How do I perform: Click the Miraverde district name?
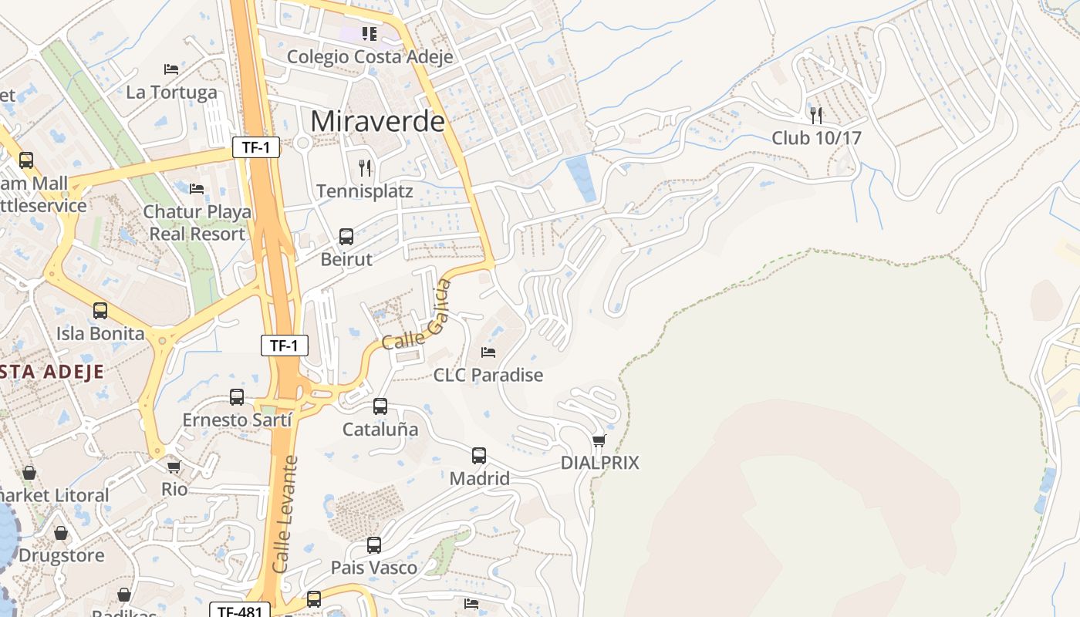pos(378,121)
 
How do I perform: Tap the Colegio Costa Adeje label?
pos(370,56)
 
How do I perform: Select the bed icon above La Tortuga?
pos(171,69)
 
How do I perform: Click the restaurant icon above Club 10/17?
pos(816,115)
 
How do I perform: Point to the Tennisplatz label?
pos(364,191)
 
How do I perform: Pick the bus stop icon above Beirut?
pos(346,237)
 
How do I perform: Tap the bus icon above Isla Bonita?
pos(100,311)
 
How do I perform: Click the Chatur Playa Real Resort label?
pos(197,222)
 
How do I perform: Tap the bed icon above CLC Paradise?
pos(488,352)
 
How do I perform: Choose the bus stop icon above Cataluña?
pos(380,406)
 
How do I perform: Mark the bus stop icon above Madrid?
pos(479,456)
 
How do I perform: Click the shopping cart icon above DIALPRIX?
pos(599,440)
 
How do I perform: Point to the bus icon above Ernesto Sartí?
pos(237,397)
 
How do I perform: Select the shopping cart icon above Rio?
pos(174,467)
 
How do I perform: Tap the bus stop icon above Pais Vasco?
pos(374,545)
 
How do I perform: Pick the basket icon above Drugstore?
pos(61,533)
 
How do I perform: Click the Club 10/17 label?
pos(816,138)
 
